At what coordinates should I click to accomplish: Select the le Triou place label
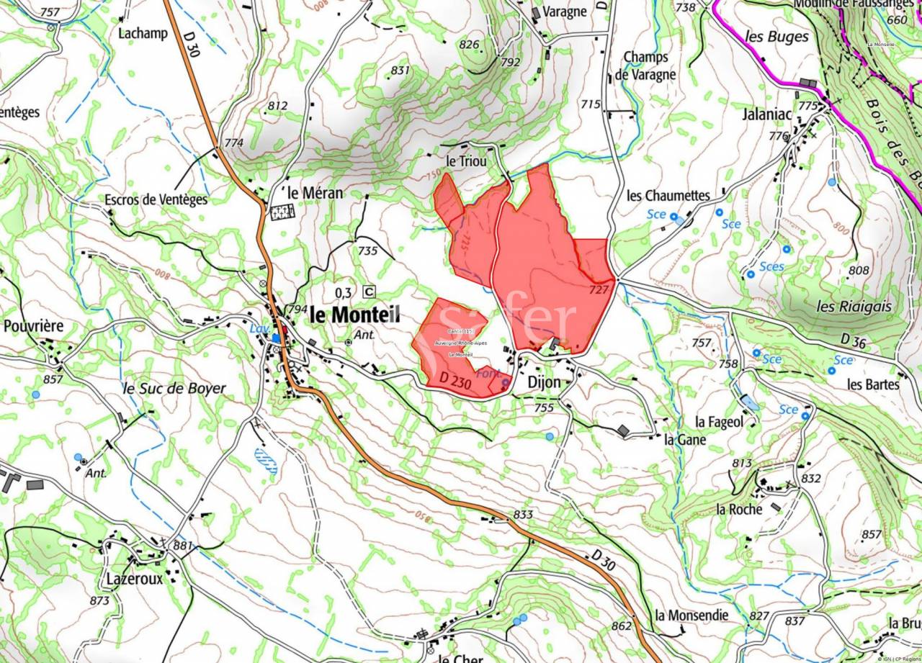tap(466, 162)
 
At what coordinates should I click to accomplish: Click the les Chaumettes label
tap(668, 195)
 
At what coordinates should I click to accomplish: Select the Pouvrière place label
tap(33, 326)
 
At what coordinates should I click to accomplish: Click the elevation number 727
tap(599, 289)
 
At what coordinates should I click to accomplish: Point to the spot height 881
tap(183, 546)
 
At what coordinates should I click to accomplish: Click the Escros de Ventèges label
tap(156, 199)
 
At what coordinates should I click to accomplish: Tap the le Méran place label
tap(315, 193)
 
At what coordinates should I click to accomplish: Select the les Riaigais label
tap(854, 306)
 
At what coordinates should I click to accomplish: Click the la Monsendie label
tap(691, 615)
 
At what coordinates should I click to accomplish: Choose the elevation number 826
tap(469, 45)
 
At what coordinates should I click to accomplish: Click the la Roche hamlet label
tap(738, 509)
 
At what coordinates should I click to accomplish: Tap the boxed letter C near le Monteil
tap(370, 292)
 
